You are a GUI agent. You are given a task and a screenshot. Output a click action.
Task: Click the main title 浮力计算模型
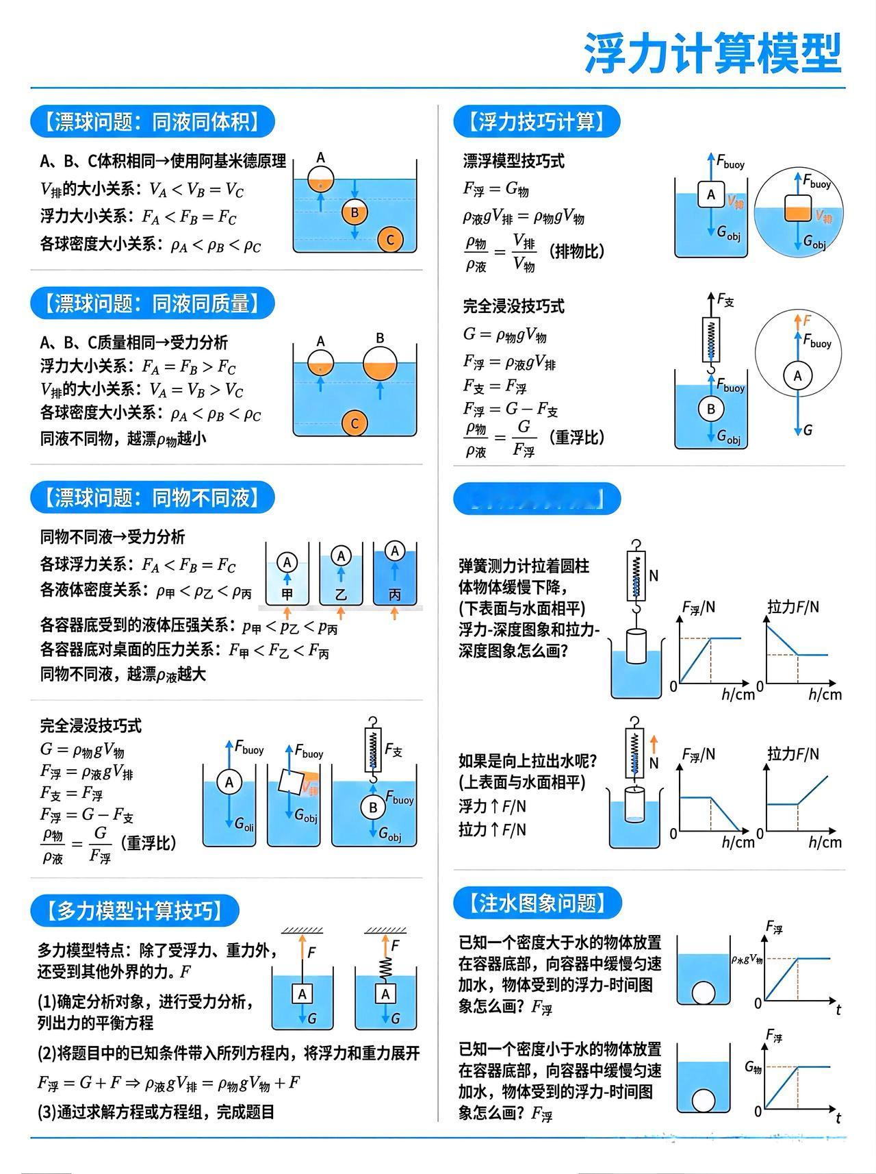point(712,53)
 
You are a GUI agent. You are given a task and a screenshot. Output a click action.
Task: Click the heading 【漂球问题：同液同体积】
point(152,122)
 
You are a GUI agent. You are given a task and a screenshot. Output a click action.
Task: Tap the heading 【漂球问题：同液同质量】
point(152,303)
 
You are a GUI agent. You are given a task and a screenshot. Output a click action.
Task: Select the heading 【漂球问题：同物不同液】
point(152,497)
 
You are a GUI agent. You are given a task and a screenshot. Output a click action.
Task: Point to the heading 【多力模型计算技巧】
point(135,910)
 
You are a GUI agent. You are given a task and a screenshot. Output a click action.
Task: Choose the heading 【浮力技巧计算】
point(537,122)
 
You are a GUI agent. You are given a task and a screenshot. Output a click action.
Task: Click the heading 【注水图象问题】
point(537,903)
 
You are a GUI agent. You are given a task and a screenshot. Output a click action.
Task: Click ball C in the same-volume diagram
point(390,240)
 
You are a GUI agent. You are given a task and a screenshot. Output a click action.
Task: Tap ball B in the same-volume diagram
point(355,212)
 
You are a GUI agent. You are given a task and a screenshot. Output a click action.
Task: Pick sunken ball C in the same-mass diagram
point(355,423)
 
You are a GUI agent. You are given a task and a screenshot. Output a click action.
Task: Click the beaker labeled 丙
point(395,575)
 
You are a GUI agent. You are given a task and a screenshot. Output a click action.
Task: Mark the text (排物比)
point(576,251)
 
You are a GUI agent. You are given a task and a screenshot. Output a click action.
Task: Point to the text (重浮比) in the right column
point(576,437)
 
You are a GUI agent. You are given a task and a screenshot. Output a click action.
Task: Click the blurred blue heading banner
point(537,499)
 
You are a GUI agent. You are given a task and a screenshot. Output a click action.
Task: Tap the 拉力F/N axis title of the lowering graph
point(793,607)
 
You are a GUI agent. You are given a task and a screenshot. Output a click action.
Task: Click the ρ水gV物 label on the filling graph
point(747,959)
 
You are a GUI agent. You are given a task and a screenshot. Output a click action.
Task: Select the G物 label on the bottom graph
point(753,1067)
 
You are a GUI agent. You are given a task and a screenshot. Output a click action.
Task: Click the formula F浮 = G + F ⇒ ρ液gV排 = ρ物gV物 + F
point(169,1083)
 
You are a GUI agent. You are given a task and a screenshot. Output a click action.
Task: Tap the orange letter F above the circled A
point(807,320)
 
